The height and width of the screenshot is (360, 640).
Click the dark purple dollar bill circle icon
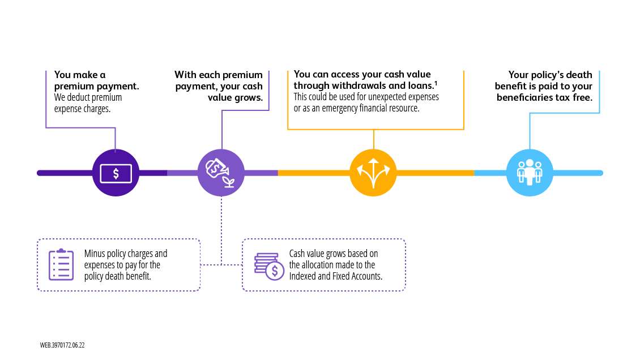tap(116, 173)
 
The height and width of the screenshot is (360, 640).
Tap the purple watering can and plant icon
tap(221, 173)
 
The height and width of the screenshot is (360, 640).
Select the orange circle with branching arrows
tap(373, 173)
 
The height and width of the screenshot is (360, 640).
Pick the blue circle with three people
tap(530, 173)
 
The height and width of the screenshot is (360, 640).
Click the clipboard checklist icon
tap(61, 264)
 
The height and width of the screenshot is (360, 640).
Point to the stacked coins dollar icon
tap(269, 265)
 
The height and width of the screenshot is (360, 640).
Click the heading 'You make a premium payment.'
tap(96, 80)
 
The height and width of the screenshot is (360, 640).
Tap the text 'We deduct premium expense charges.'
tap(88, 102)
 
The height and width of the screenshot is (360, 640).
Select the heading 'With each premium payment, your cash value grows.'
tap(219, 86)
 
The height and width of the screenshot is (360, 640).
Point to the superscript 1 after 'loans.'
tap(435, 84)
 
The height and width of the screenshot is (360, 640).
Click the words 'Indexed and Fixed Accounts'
tap(336, 276)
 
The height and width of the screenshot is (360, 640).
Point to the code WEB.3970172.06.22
tap(62, 345)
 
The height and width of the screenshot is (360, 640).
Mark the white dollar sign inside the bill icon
tap(116, 173)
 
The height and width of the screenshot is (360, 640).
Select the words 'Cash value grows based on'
tap(333, 254)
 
